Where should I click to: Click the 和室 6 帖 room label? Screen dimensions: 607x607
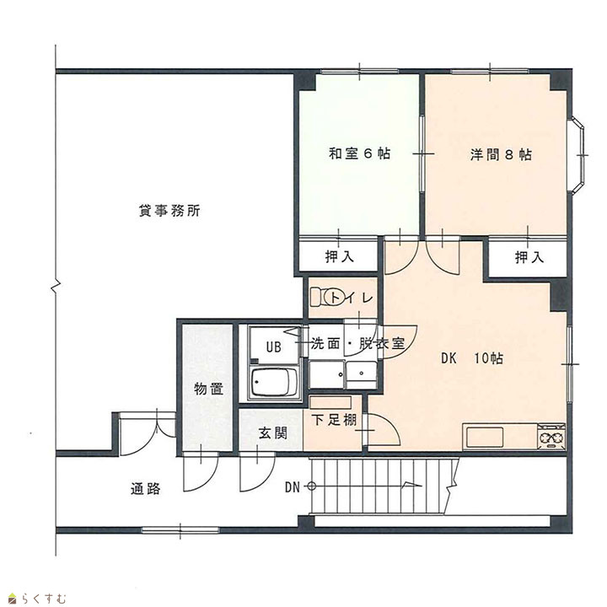(x=359, y=153)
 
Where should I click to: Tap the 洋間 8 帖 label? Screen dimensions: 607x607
(x=501, y=154)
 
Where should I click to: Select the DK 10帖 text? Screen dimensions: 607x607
(x=472, y=358)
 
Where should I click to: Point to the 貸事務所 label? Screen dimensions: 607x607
(x=169, y=211)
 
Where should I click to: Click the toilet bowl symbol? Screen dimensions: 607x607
(x=328, y=298)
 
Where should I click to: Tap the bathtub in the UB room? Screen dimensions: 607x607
(x=274, y=383)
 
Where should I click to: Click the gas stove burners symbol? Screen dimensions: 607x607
(x=551, y=437)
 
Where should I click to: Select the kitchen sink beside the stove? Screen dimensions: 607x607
(x=485, y=438)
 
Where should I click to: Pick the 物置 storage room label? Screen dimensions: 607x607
(x=209, y=389)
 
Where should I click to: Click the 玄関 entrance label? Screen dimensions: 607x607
(x=273, y=433)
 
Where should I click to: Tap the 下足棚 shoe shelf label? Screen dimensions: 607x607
(x=334, y=420)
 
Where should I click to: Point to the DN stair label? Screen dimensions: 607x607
(x=293, y=487)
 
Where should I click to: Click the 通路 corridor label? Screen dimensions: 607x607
(x=145, y=489)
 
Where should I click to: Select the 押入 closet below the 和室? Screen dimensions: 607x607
(x=340, y=256)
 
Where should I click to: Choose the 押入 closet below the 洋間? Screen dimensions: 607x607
(x=529, y=256)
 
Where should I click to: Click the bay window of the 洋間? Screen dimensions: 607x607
(x=577, y=154)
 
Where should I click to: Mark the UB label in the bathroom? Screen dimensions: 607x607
(x=273, y=346)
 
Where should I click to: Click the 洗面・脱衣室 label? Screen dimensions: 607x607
(x=357, y=343)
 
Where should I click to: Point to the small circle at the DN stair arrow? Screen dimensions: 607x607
(x=312, y=486)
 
